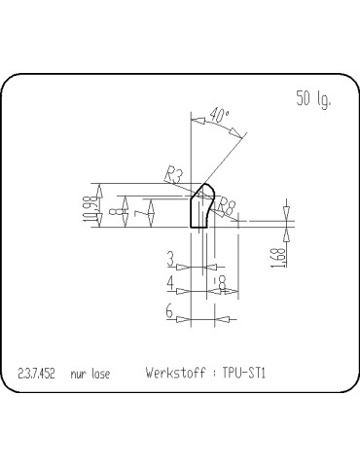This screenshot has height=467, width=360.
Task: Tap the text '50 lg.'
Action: (312, 98)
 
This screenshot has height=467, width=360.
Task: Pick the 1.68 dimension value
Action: (278, 258)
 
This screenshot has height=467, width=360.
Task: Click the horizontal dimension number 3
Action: (170, 259)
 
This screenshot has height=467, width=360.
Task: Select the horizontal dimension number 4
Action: (170, 283)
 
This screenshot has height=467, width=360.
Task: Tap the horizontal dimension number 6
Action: (170, 312)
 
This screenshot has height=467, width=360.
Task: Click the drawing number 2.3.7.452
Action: (37, 373)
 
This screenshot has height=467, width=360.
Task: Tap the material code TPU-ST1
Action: (244, 372)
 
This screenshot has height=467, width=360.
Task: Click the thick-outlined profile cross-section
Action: (201, 208)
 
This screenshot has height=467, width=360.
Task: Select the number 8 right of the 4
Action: (223, 283)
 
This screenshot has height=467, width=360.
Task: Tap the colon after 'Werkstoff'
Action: (213, 373)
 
